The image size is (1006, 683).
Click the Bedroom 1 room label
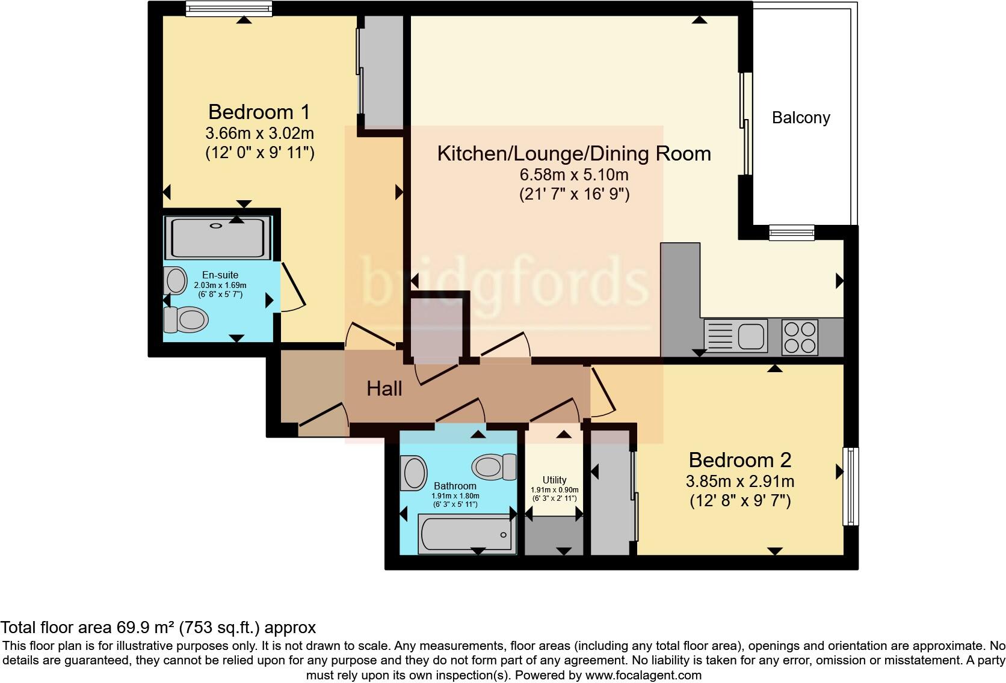259,112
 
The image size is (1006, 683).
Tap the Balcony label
801,118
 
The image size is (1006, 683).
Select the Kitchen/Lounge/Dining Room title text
573,154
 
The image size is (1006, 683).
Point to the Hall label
384,389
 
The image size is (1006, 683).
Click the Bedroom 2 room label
739,460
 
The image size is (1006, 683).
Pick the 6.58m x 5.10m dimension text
573,175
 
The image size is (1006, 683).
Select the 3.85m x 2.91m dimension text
739,482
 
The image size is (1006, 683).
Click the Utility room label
554,480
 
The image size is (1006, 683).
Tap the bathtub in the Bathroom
466,534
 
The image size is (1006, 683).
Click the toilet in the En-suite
186,319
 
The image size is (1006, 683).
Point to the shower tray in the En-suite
218,238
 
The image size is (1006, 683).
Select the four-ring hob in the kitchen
800,337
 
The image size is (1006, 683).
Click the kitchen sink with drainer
735,335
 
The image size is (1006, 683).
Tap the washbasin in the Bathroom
414,473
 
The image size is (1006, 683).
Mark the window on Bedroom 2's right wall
850,486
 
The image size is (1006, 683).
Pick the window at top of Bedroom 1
228,8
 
